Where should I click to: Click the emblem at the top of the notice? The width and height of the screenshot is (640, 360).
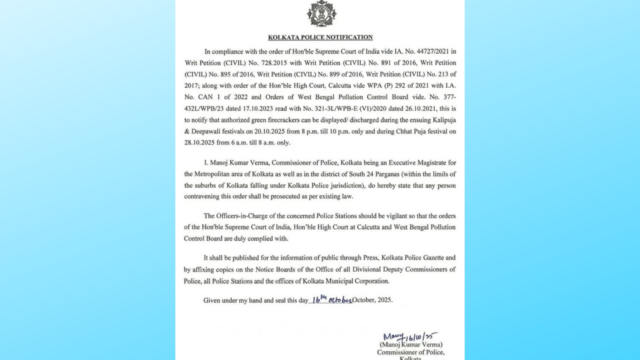point(321,14)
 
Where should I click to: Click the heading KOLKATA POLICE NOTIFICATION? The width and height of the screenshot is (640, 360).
point(320,37)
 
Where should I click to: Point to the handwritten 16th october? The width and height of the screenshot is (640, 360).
point(332,299)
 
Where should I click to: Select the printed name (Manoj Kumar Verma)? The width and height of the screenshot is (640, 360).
point(411,344)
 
